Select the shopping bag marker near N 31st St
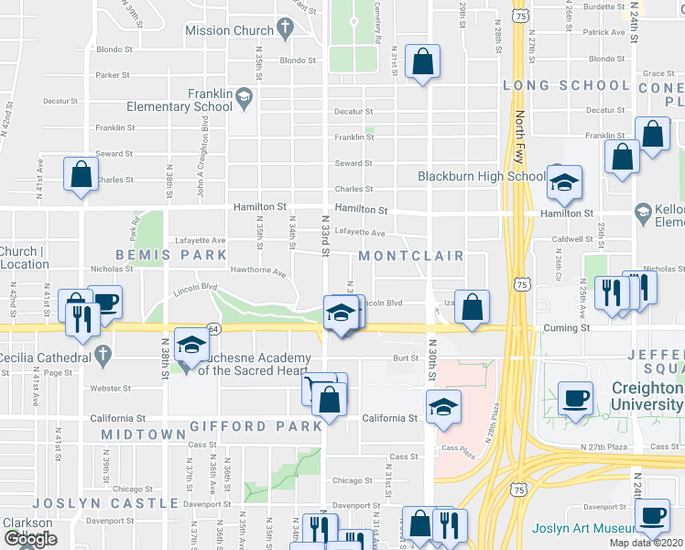(422, 63)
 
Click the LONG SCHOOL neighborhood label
(566, 85)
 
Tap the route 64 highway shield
(212, 327)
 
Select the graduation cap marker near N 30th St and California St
(443, 406)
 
